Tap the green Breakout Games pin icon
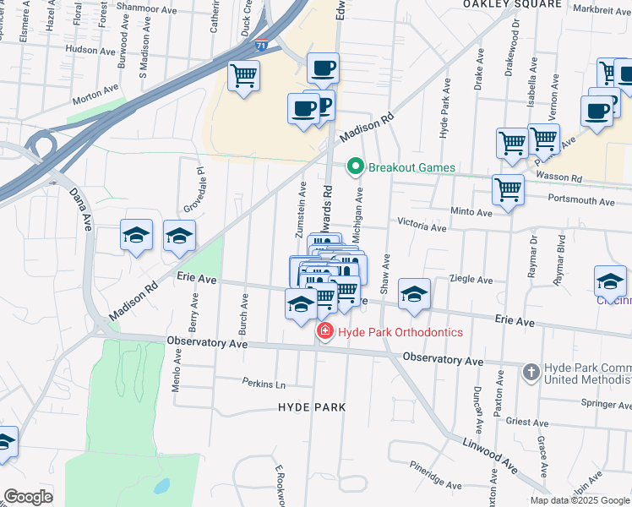click(x=356, y=167)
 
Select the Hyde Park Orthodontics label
click(x=400, y=332)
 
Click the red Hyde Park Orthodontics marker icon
click(x=324, y=332)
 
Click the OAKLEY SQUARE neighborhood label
click(x=511, y=4)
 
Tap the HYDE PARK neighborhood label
click(x=312, y=407)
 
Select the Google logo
click(x=28, y=497)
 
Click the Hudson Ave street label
click(x=90, y=51)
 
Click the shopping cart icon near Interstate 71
click(x=244, y=76)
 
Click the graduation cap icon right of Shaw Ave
click(x=414, y=294)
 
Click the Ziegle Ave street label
click(x=471, y=280)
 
